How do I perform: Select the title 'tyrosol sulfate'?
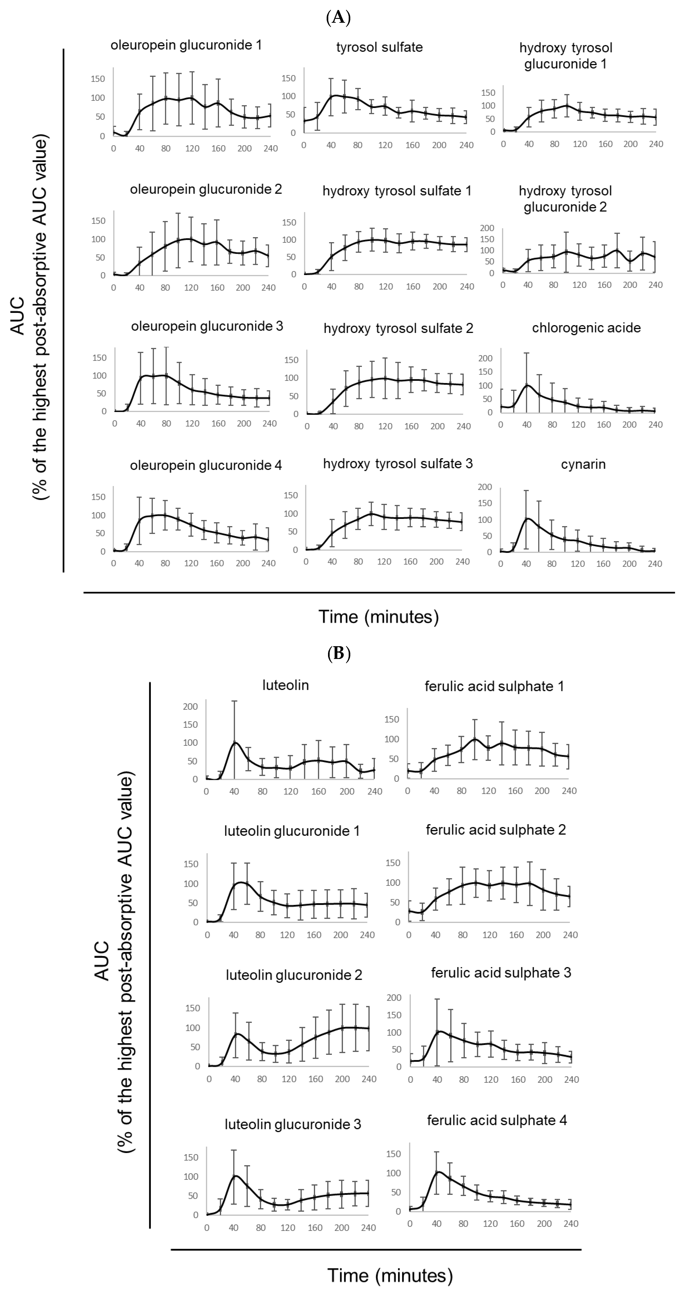(379, 47)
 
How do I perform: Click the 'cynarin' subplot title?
(583, 464)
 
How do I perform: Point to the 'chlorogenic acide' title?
(586, 328)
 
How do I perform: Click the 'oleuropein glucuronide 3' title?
(207, 327)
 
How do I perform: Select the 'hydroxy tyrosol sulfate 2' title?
(398, 329)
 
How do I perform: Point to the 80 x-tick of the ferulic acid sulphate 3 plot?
(464, 1080)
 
